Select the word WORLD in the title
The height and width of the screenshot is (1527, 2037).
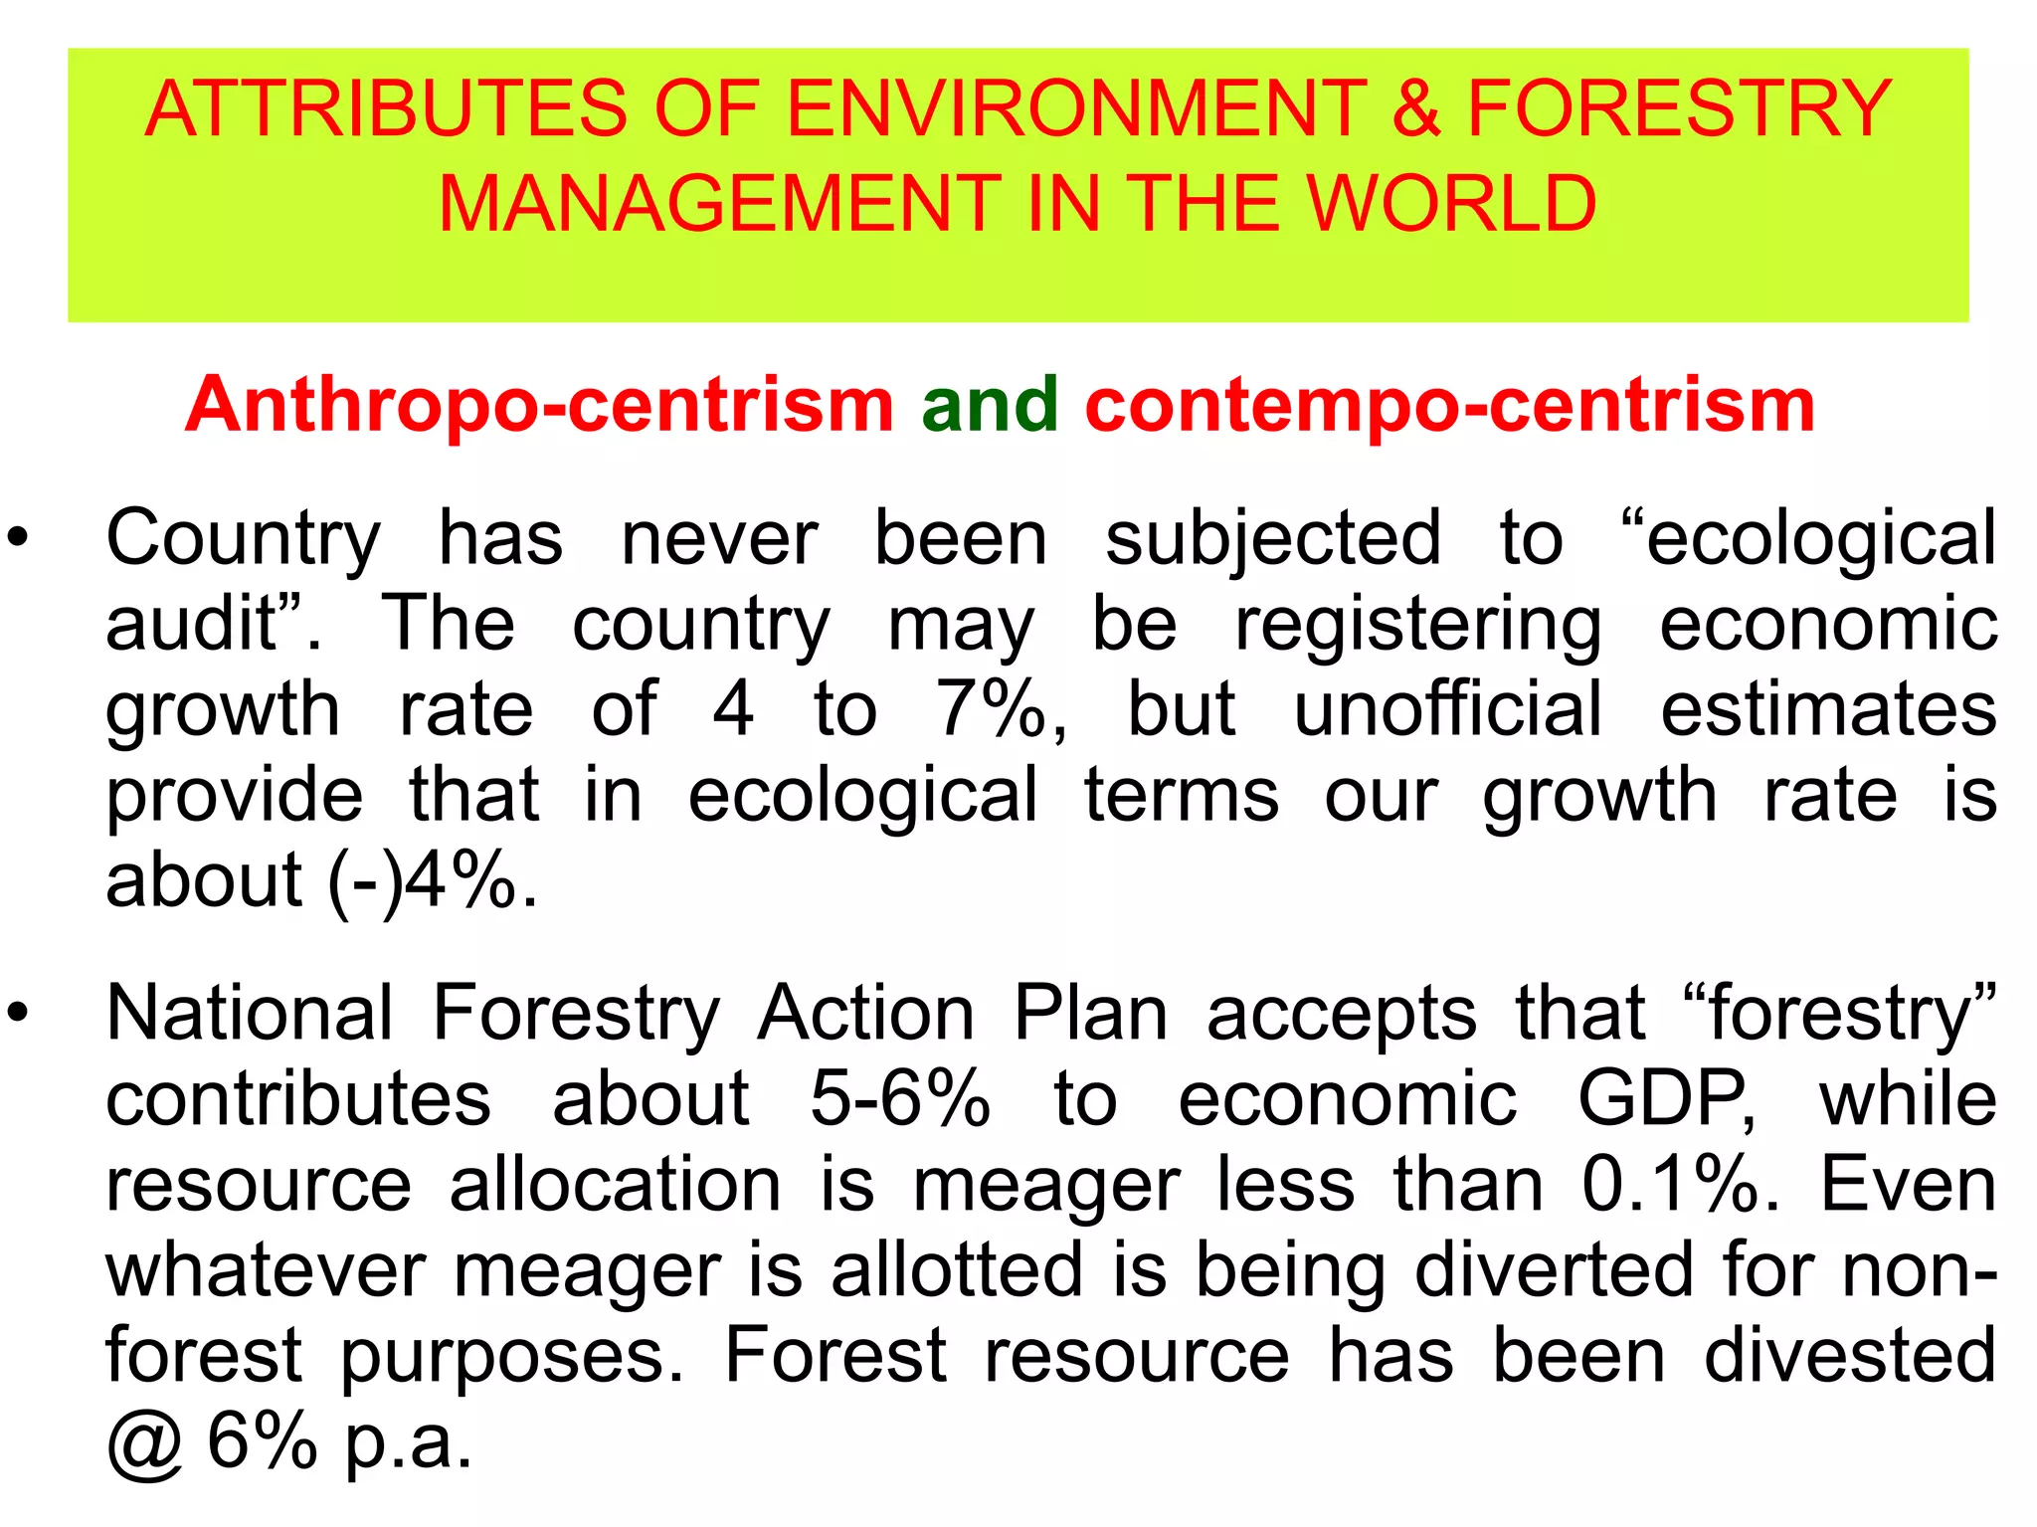(1451, 204)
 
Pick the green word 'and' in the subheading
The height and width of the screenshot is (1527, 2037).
(990, 405)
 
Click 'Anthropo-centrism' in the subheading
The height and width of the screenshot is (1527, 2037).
(540, 405)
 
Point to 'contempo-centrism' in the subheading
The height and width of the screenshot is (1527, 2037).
(1449, 405)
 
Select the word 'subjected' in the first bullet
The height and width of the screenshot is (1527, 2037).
(1273, 538)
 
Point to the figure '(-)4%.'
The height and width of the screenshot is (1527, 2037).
(434, 880)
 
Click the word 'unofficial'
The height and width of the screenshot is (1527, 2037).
(1448, 709)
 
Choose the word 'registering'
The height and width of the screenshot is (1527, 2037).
(1417, 625)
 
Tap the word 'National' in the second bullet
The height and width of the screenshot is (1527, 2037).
(250, 1014)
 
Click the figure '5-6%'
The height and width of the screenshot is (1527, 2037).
(900, 1099)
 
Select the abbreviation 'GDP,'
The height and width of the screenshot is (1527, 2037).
(1666, 1099)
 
